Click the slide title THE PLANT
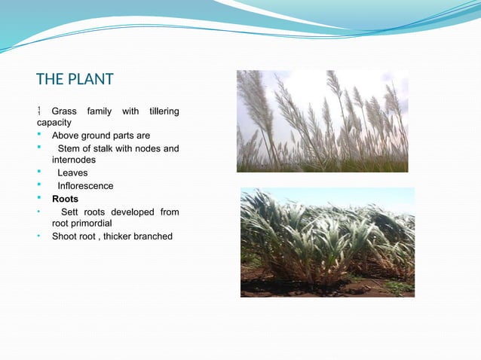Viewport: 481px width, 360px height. tap(75, 79)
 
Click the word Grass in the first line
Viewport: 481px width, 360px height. tap(64, 111)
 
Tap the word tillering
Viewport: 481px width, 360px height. tap(164, 111)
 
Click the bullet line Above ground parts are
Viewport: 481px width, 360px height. tap(100, 136)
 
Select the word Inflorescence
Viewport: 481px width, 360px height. tap(85, 186)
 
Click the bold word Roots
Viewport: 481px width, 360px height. tap(65, 199)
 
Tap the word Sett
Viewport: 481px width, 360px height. tap(70, 212)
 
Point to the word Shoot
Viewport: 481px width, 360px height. tap(65, 236)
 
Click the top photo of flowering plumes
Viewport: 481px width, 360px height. tap(322, 121)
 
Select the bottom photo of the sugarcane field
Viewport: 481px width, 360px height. tap(327, 241)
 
